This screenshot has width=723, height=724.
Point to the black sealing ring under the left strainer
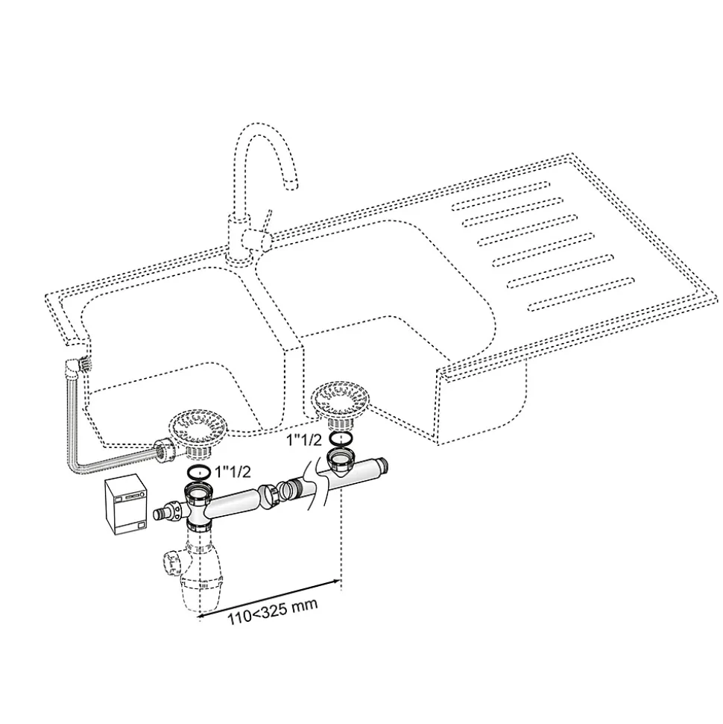(198, 472)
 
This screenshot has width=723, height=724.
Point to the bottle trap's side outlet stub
(171, 560)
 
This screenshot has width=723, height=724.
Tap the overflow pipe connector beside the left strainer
(162, 450)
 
